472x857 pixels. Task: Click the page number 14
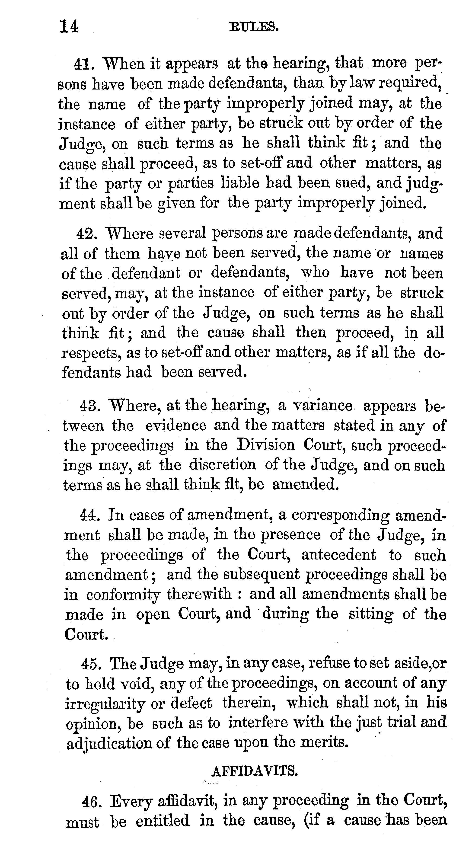pyautogui.click(x=69, y=26)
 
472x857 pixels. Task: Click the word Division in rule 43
pyautogui.click(x=265, y=445)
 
